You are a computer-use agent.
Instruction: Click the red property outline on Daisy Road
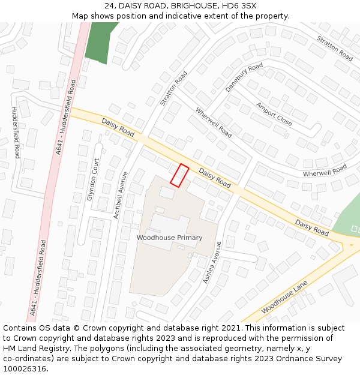tap(179, 175)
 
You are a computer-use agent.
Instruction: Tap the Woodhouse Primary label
tap(169, 238)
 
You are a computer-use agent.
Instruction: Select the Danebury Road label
tap(244, 77)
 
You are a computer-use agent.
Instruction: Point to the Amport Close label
tap(274, 114)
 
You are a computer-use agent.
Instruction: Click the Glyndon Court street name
tap(93, 179)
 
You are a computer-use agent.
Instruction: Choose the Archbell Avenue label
tap(121, 195)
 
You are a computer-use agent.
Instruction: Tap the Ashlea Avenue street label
tap(212, 262)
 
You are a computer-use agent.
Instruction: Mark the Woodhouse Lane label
tap(284, 297)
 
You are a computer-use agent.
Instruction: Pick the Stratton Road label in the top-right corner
tap(335, 48)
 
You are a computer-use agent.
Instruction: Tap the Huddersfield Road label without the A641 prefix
tap(15, 133)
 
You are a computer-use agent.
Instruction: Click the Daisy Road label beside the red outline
tap(214, 178)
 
